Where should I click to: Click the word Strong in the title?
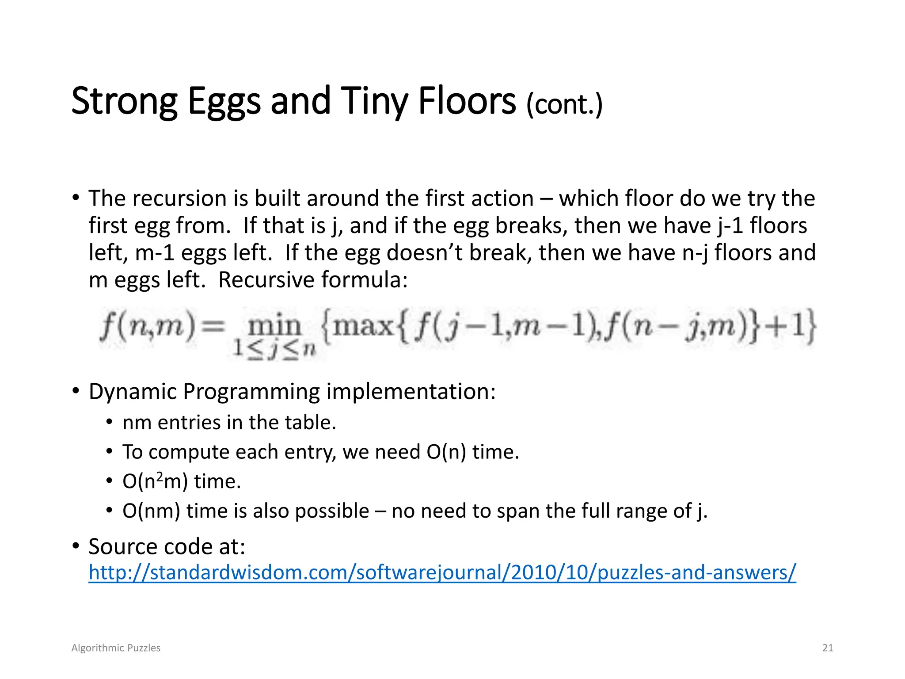[124, 102]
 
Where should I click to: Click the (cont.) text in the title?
[564, 105]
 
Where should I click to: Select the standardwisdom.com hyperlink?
[442, 572]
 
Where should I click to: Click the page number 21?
[827, 648]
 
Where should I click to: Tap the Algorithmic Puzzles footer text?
[116, 648]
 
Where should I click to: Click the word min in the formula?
[274, 326]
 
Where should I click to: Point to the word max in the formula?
[362, 326]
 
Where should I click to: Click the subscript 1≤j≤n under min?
[274, 349]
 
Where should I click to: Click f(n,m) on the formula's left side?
[147, 326]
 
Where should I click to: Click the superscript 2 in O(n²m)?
[160, 477]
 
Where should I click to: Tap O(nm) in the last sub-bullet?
[151, 511]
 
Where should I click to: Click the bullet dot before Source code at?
[76, 546]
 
